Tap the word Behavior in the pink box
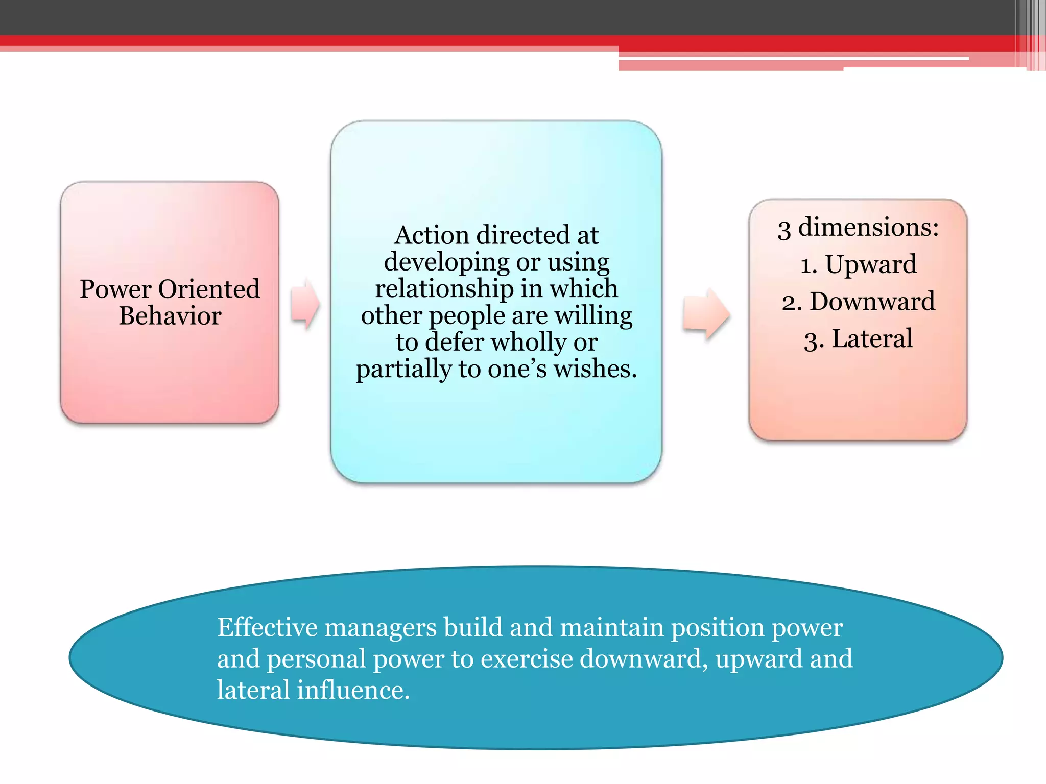click(170, 316)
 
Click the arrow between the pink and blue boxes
click(305, 304)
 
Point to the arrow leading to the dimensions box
click(706, 314)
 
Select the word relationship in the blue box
click(444, 288)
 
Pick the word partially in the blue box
click(403, 369)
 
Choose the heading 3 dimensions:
click(858, 228)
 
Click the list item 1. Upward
click(858, 265)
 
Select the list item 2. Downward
click(858, 302)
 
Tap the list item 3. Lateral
click(858, 339)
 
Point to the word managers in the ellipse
click(381, 628)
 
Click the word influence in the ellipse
click(353, 690)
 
